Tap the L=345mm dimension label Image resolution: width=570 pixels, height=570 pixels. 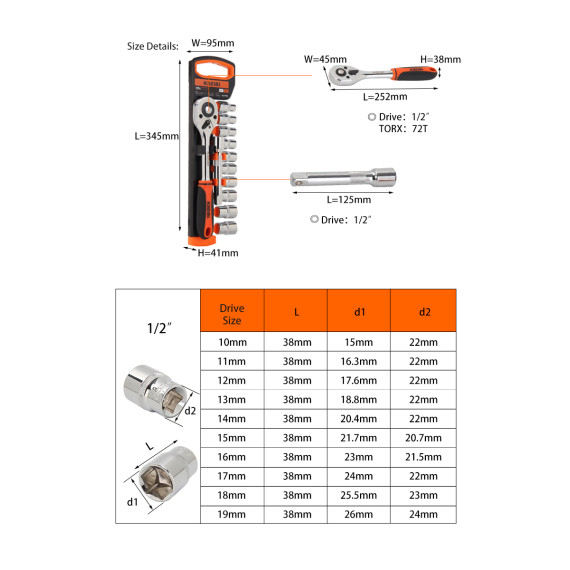(x=156, y=137)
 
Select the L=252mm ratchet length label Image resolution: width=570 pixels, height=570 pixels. (x=385, y=96)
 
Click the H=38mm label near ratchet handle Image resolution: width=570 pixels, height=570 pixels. (x=440, y=59)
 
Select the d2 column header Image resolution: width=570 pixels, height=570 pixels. (x=424, y=312)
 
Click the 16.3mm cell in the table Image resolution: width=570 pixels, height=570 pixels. (x=359, y=361)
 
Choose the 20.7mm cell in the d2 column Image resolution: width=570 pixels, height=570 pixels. (x=424, y=438)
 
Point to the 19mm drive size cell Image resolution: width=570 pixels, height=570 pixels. (x=231, y=514)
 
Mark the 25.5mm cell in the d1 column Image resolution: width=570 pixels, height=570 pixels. (x=359, y=495)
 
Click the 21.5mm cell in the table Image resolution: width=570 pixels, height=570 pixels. (x=424, y=457)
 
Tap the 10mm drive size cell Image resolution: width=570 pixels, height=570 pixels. (x=231, y=342)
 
